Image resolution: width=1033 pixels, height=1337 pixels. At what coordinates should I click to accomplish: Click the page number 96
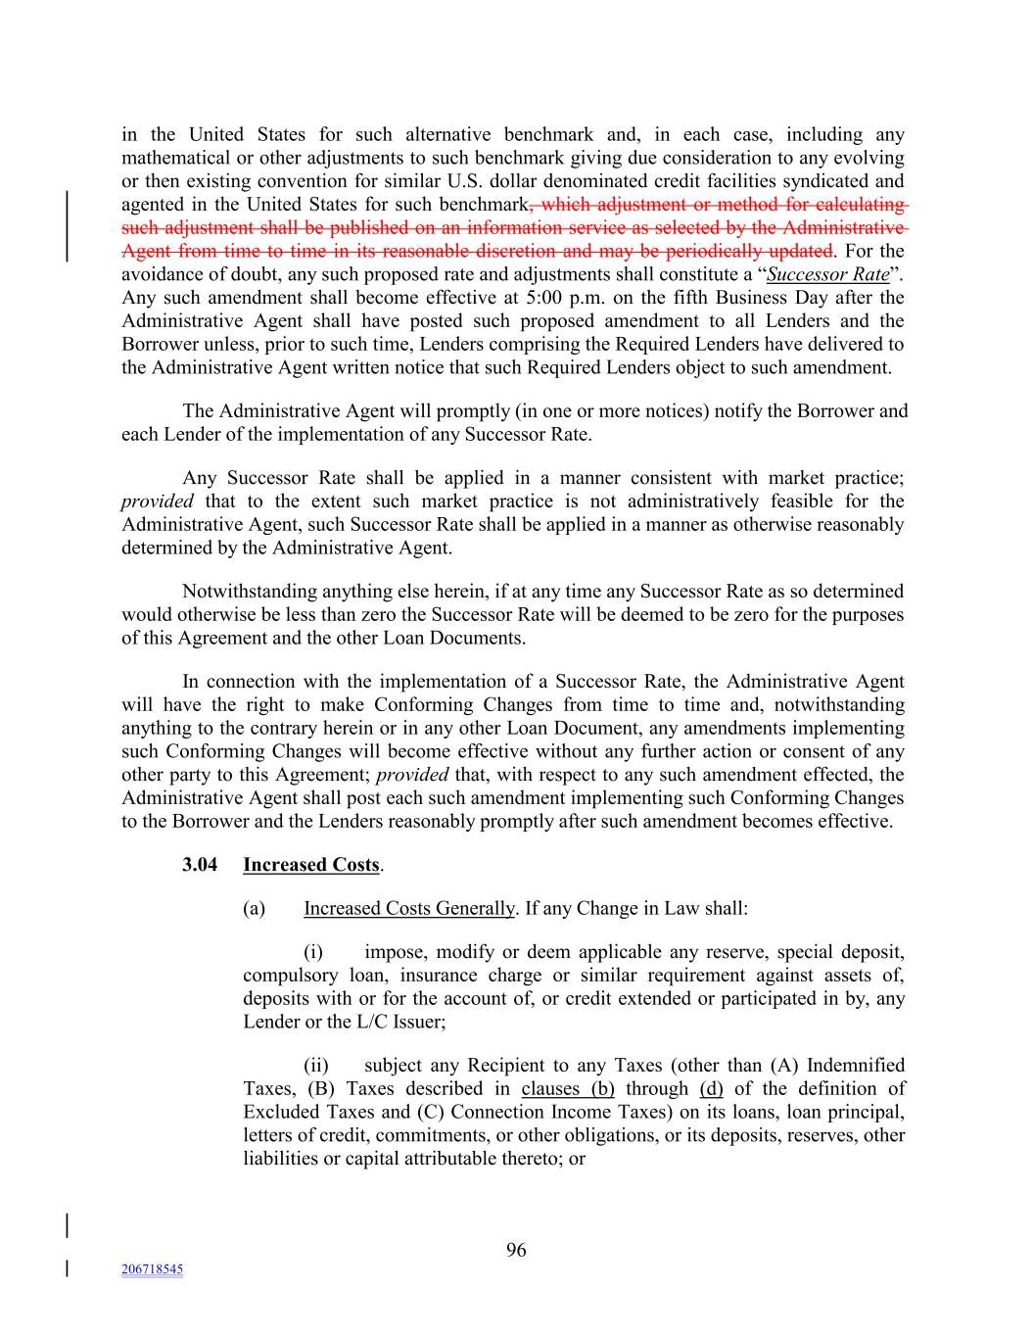[x=516, y=1250]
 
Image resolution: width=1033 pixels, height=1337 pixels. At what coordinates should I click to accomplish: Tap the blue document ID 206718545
[x=152, y=1269]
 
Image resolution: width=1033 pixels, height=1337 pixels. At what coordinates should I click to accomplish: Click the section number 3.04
[x=200, y=865]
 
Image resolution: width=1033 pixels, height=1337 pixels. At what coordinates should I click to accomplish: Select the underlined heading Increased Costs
[x=310, y=865]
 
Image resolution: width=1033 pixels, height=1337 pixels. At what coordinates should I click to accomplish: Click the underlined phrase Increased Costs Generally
[x=408, y=908]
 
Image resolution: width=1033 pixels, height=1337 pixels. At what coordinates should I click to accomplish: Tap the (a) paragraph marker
[x=254, y=908]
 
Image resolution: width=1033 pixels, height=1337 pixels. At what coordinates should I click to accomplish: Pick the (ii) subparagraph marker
[x=316, y=1065]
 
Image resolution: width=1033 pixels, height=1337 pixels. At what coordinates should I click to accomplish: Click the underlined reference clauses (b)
[x=568, y=1088]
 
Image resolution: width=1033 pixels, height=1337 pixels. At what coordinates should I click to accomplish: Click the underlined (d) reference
[x=712, y=1088]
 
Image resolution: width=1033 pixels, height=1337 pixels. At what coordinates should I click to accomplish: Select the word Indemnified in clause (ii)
[x=855, y=1065]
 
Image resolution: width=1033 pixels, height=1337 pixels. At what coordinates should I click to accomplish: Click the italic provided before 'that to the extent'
[x=158, y=501]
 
